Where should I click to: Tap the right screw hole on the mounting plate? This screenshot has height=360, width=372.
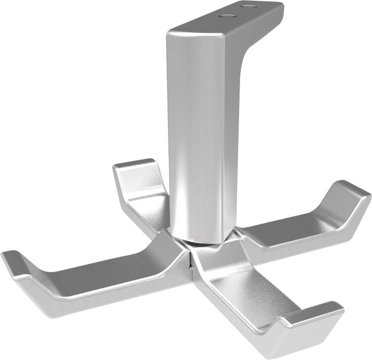click(x=249, y=6)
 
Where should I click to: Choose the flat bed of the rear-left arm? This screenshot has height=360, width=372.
click(x=149, y=202)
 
